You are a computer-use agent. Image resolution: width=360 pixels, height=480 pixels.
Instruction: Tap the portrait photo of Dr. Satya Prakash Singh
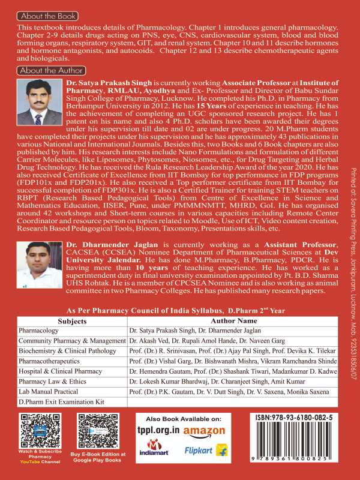(37, 102)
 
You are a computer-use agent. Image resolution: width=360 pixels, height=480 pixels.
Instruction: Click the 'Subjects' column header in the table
(71, 322)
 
